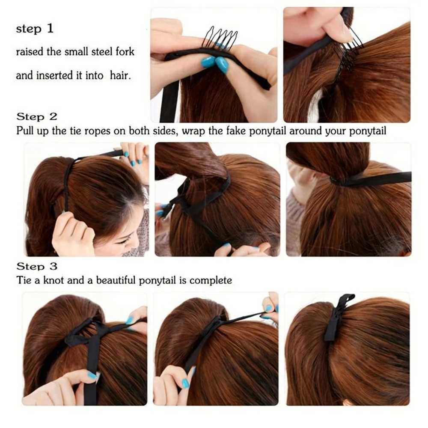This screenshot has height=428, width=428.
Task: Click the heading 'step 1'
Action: (x=35, y=29)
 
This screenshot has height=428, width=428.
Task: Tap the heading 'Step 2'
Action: (x=37, y=117)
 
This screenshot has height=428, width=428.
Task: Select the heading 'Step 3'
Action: (x=37, y=266)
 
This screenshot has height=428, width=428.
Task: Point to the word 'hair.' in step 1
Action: (x=120, y=75)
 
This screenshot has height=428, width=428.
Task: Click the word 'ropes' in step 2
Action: (x=97, y=131)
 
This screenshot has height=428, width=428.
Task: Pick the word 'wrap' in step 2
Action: (x=193, y=131)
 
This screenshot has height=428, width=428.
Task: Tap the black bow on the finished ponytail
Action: (x=338, y=318)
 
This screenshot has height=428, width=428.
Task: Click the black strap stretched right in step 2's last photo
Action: (x=371, y=179)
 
